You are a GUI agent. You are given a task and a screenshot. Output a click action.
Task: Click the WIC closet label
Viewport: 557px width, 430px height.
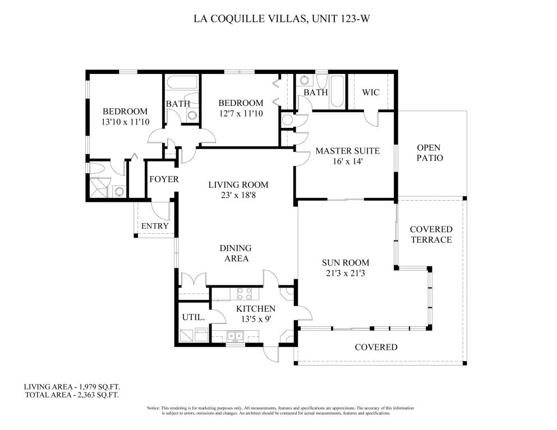371,93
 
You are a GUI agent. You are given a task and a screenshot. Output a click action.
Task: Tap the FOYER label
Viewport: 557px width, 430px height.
164,179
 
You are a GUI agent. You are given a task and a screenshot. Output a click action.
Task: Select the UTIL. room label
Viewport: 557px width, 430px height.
194,317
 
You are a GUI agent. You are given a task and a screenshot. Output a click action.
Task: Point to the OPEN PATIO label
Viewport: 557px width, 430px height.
429,152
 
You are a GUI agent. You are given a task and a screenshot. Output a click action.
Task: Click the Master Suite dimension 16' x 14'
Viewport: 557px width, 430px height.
347,161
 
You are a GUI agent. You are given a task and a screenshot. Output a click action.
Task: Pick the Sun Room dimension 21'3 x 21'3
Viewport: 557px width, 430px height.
346,274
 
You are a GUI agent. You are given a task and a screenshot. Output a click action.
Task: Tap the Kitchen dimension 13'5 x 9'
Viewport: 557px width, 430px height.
256,319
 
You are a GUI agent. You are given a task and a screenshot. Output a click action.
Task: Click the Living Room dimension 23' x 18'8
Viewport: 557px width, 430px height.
238,195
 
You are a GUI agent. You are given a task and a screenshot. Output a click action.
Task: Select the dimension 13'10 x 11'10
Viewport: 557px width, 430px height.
125,122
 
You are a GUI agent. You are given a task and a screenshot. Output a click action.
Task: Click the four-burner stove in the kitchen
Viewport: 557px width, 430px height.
245,294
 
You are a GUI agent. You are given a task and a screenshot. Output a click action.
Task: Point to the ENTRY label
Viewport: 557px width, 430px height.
155,226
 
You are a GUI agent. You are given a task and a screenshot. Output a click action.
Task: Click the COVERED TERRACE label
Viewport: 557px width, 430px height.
431,234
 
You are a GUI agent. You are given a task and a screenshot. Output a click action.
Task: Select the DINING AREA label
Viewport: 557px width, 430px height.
236,253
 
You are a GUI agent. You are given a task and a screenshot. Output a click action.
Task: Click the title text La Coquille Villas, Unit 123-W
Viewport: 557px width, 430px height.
282,19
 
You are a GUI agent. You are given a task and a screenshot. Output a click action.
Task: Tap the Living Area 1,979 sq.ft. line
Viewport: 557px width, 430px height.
74,387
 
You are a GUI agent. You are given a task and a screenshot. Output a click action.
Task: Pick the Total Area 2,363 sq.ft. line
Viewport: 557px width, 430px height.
72,395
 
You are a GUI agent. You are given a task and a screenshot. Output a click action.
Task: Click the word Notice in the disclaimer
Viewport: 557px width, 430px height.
153,408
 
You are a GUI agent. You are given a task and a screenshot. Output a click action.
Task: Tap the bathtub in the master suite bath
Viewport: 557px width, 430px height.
337,92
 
